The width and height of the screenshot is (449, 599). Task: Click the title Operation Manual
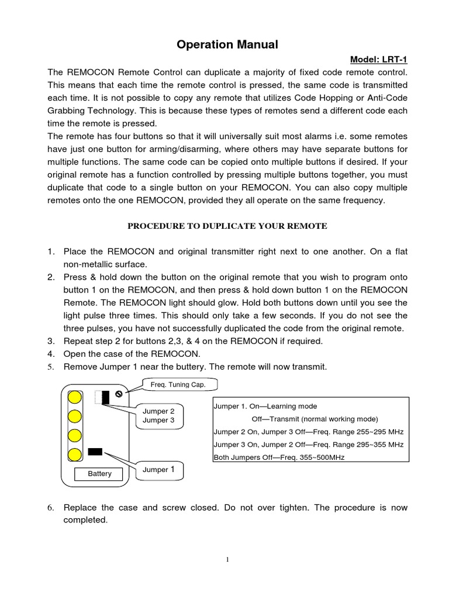tap(219, 44)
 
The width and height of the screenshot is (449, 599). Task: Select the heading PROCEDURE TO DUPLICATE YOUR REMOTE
tap(227, 226)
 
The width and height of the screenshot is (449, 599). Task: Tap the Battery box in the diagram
tap(99, 474)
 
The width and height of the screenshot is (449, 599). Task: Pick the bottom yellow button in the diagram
tap(75, 456)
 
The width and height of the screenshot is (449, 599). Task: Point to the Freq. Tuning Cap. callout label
tap(179, 384)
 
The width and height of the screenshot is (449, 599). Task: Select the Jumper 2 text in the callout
tap(159, 411)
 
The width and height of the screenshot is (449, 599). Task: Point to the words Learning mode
tap(289, 406)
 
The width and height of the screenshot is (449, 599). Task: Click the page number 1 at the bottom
tap(227, 560)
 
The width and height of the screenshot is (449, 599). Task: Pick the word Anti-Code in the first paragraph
tap(388, 97)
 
